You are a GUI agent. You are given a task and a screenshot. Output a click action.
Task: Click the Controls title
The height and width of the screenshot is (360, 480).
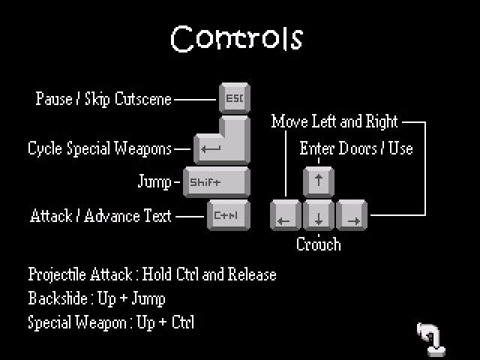(237, 38)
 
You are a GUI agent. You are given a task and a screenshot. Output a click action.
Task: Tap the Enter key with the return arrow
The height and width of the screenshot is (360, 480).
(222, 140)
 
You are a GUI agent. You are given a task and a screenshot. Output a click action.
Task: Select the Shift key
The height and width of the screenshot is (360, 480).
(217, 181)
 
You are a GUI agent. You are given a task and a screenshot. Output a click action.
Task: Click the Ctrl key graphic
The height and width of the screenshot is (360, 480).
(229, 215)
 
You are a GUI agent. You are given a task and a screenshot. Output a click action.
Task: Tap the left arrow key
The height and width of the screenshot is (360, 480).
(286, 215)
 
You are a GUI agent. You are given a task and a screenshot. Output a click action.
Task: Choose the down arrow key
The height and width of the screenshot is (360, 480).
(318, 215)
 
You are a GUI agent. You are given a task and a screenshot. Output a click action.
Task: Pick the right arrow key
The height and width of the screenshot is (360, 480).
(352, 215)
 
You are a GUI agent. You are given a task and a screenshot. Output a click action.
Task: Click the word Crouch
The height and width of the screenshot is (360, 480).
(318, 244)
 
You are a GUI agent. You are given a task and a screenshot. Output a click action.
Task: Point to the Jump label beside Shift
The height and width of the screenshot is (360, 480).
(154, 181)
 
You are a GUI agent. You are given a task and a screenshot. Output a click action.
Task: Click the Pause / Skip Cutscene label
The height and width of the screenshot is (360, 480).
(103, 99)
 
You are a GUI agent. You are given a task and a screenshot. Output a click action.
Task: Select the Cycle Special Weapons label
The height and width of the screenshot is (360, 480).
(100, 148)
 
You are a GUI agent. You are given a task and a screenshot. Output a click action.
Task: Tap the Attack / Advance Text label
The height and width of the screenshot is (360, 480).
(100, 216)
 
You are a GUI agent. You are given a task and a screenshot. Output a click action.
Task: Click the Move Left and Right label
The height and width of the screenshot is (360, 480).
(334, 121)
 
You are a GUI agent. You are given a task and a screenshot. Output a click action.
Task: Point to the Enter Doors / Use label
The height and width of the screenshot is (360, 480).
(356, 148)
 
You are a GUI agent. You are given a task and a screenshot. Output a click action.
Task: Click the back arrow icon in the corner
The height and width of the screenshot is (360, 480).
(431, 339)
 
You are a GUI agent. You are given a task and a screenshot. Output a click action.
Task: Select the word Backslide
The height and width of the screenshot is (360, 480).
(58, 298)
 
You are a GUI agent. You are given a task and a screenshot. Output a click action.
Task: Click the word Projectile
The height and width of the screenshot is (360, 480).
(57, 274)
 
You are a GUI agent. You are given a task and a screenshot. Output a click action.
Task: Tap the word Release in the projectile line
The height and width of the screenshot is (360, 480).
(252, 274)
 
